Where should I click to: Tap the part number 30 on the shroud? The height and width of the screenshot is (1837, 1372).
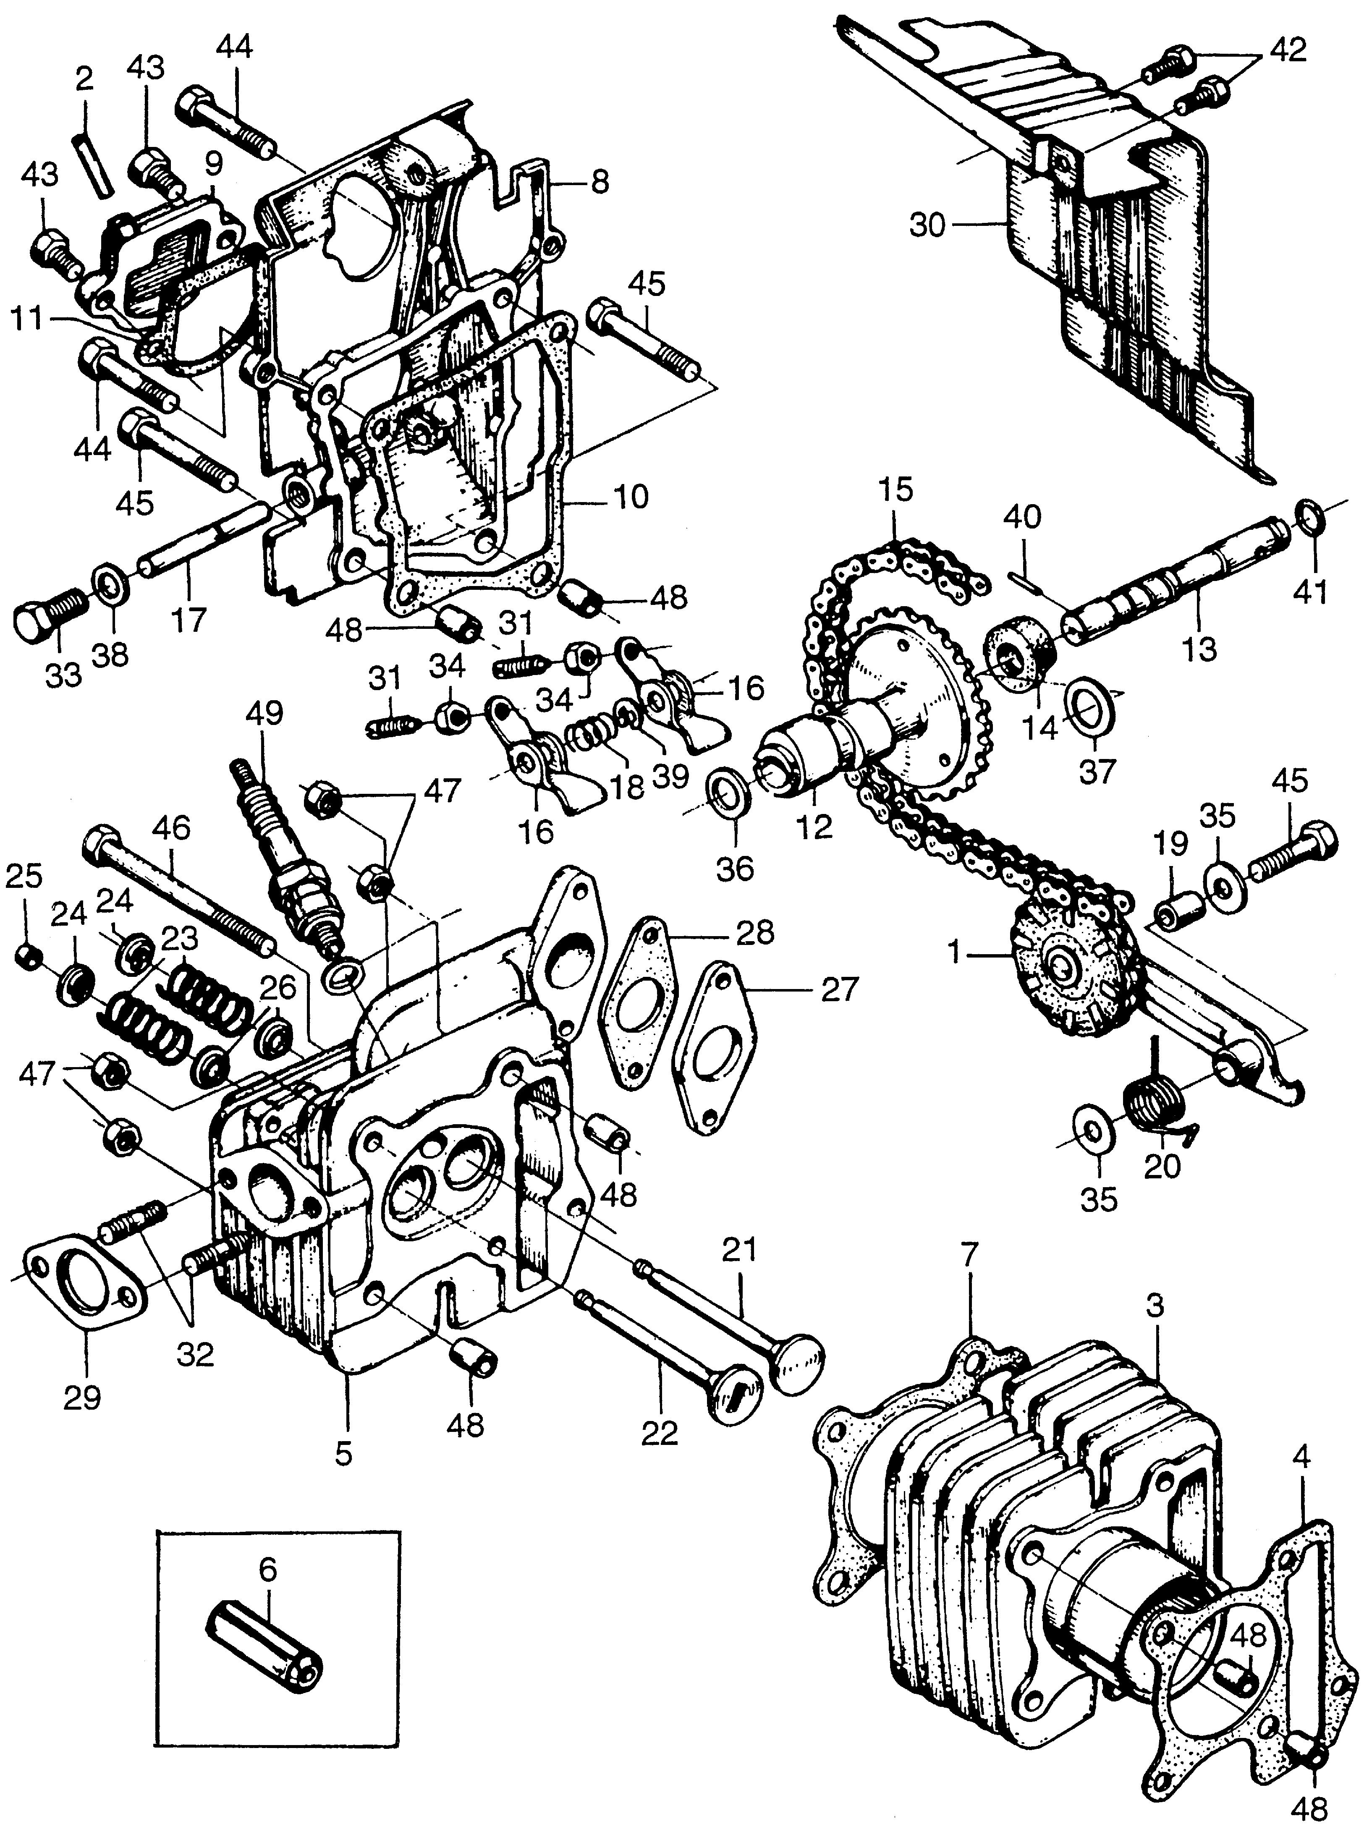pyautogui.click(x=928, y=225)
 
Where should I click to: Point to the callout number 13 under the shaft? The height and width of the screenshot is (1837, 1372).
pyautogui.click(x=1199, y=649)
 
